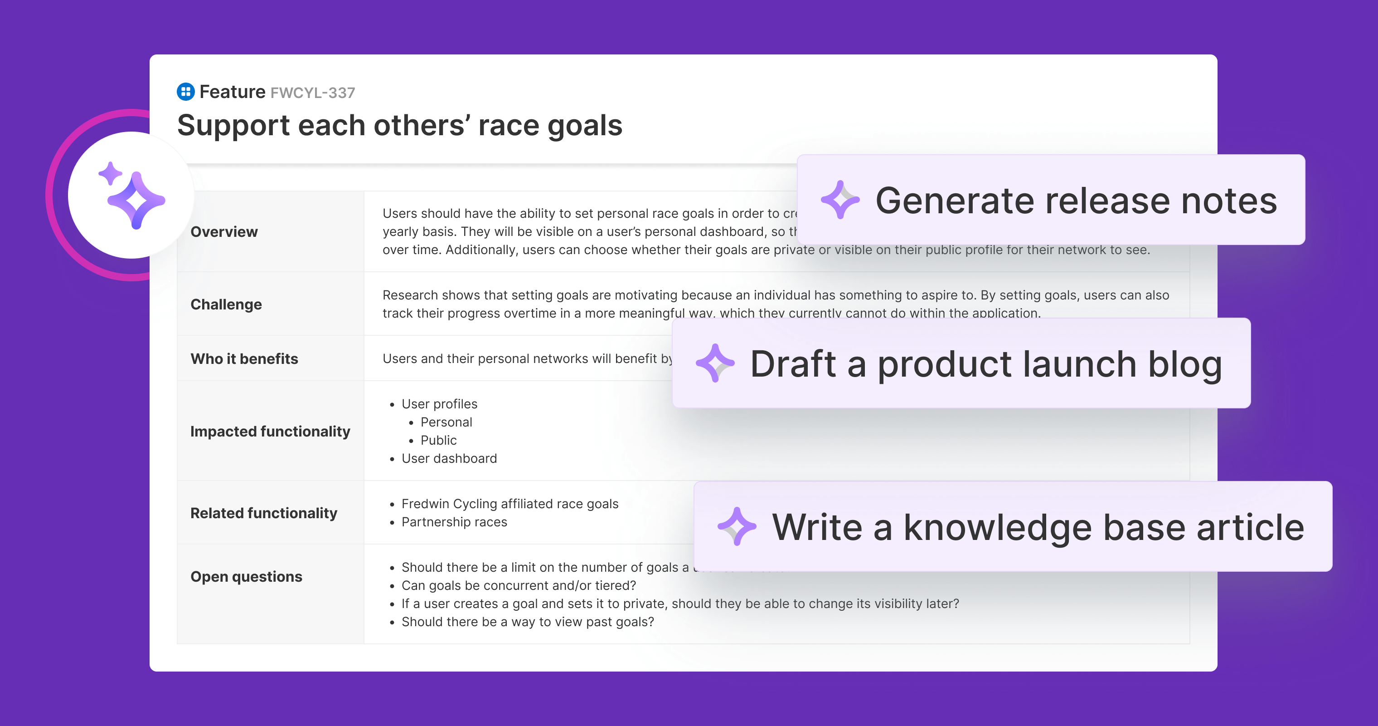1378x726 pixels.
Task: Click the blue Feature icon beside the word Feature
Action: [185, 92]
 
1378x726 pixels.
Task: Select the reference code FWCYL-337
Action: [312, 93]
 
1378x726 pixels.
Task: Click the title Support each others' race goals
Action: [400, 125]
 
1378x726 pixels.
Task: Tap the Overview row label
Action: [224, 232]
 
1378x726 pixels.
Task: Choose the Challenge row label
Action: [226, 304]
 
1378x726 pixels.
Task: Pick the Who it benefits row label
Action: [244, 359]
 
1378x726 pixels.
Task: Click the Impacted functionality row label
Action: [270, 431]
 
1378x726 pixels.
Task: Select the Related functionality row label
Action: [264, 513]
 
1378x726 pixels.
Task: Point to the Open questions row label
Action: [247, 577]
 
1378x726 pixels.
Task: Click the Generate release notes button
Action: [1051, 200]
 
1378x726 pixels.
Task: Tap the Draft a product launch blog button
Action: [961, 363]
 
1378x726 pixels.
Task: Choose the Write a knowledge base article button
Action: [1013, 527]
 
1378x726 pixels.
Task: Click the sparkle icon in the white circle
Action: [131, 196]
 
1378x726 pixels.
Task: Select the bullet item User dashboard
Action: [449, 459]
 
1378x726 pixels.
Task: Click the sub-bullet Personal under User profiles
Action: [446, 422]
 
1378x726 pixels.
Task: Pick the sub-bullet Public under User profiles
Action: [439, 441]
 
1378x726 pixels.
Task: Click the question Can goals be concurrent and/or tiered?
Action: [519, 586]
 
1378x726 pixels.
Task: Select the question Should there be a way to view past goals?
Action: [528, 622]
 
